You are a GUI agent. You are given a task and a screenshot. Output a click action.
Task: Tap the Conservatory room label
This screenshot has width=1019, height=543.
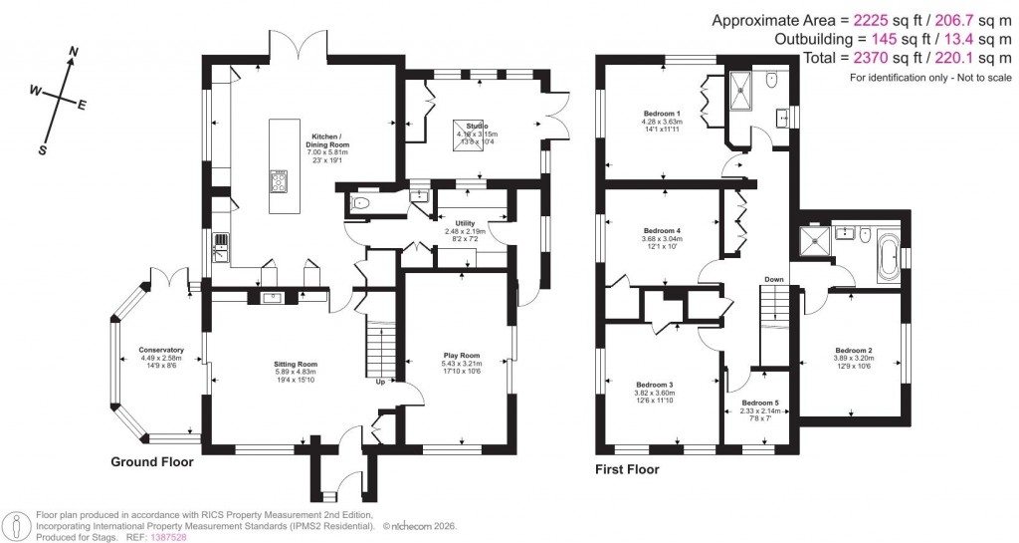(161, 350)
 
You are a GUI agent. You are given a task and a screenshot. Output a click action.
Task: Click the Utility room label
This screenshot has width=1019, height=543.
(465, 223)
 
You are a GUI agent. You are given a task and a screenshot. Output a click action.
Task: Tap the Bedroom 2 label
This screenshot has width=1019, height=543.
(854, 350)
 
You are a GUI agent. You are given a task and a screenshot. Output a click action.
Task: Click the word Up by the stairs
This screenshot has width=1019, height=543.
(381, 381)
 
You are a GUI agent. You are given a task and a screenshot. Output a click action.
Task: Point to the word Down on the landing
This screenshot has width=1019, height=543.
(774, 279)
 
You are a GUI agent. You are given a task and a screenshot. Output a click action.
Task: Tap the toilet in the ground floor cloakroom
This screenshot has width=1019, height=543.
(360, 204)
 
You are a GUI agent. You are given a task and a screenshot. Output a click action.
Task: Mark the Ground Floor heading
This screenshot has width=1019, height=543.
(152, 462)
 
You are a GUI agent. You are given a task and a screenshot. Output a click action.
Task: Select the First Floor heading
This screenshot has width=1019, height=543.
(627, 469)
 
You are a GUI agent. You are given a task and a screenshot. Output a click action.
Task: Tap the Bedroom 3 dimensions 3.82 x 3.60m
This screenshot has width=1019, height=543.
(657, 393)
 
